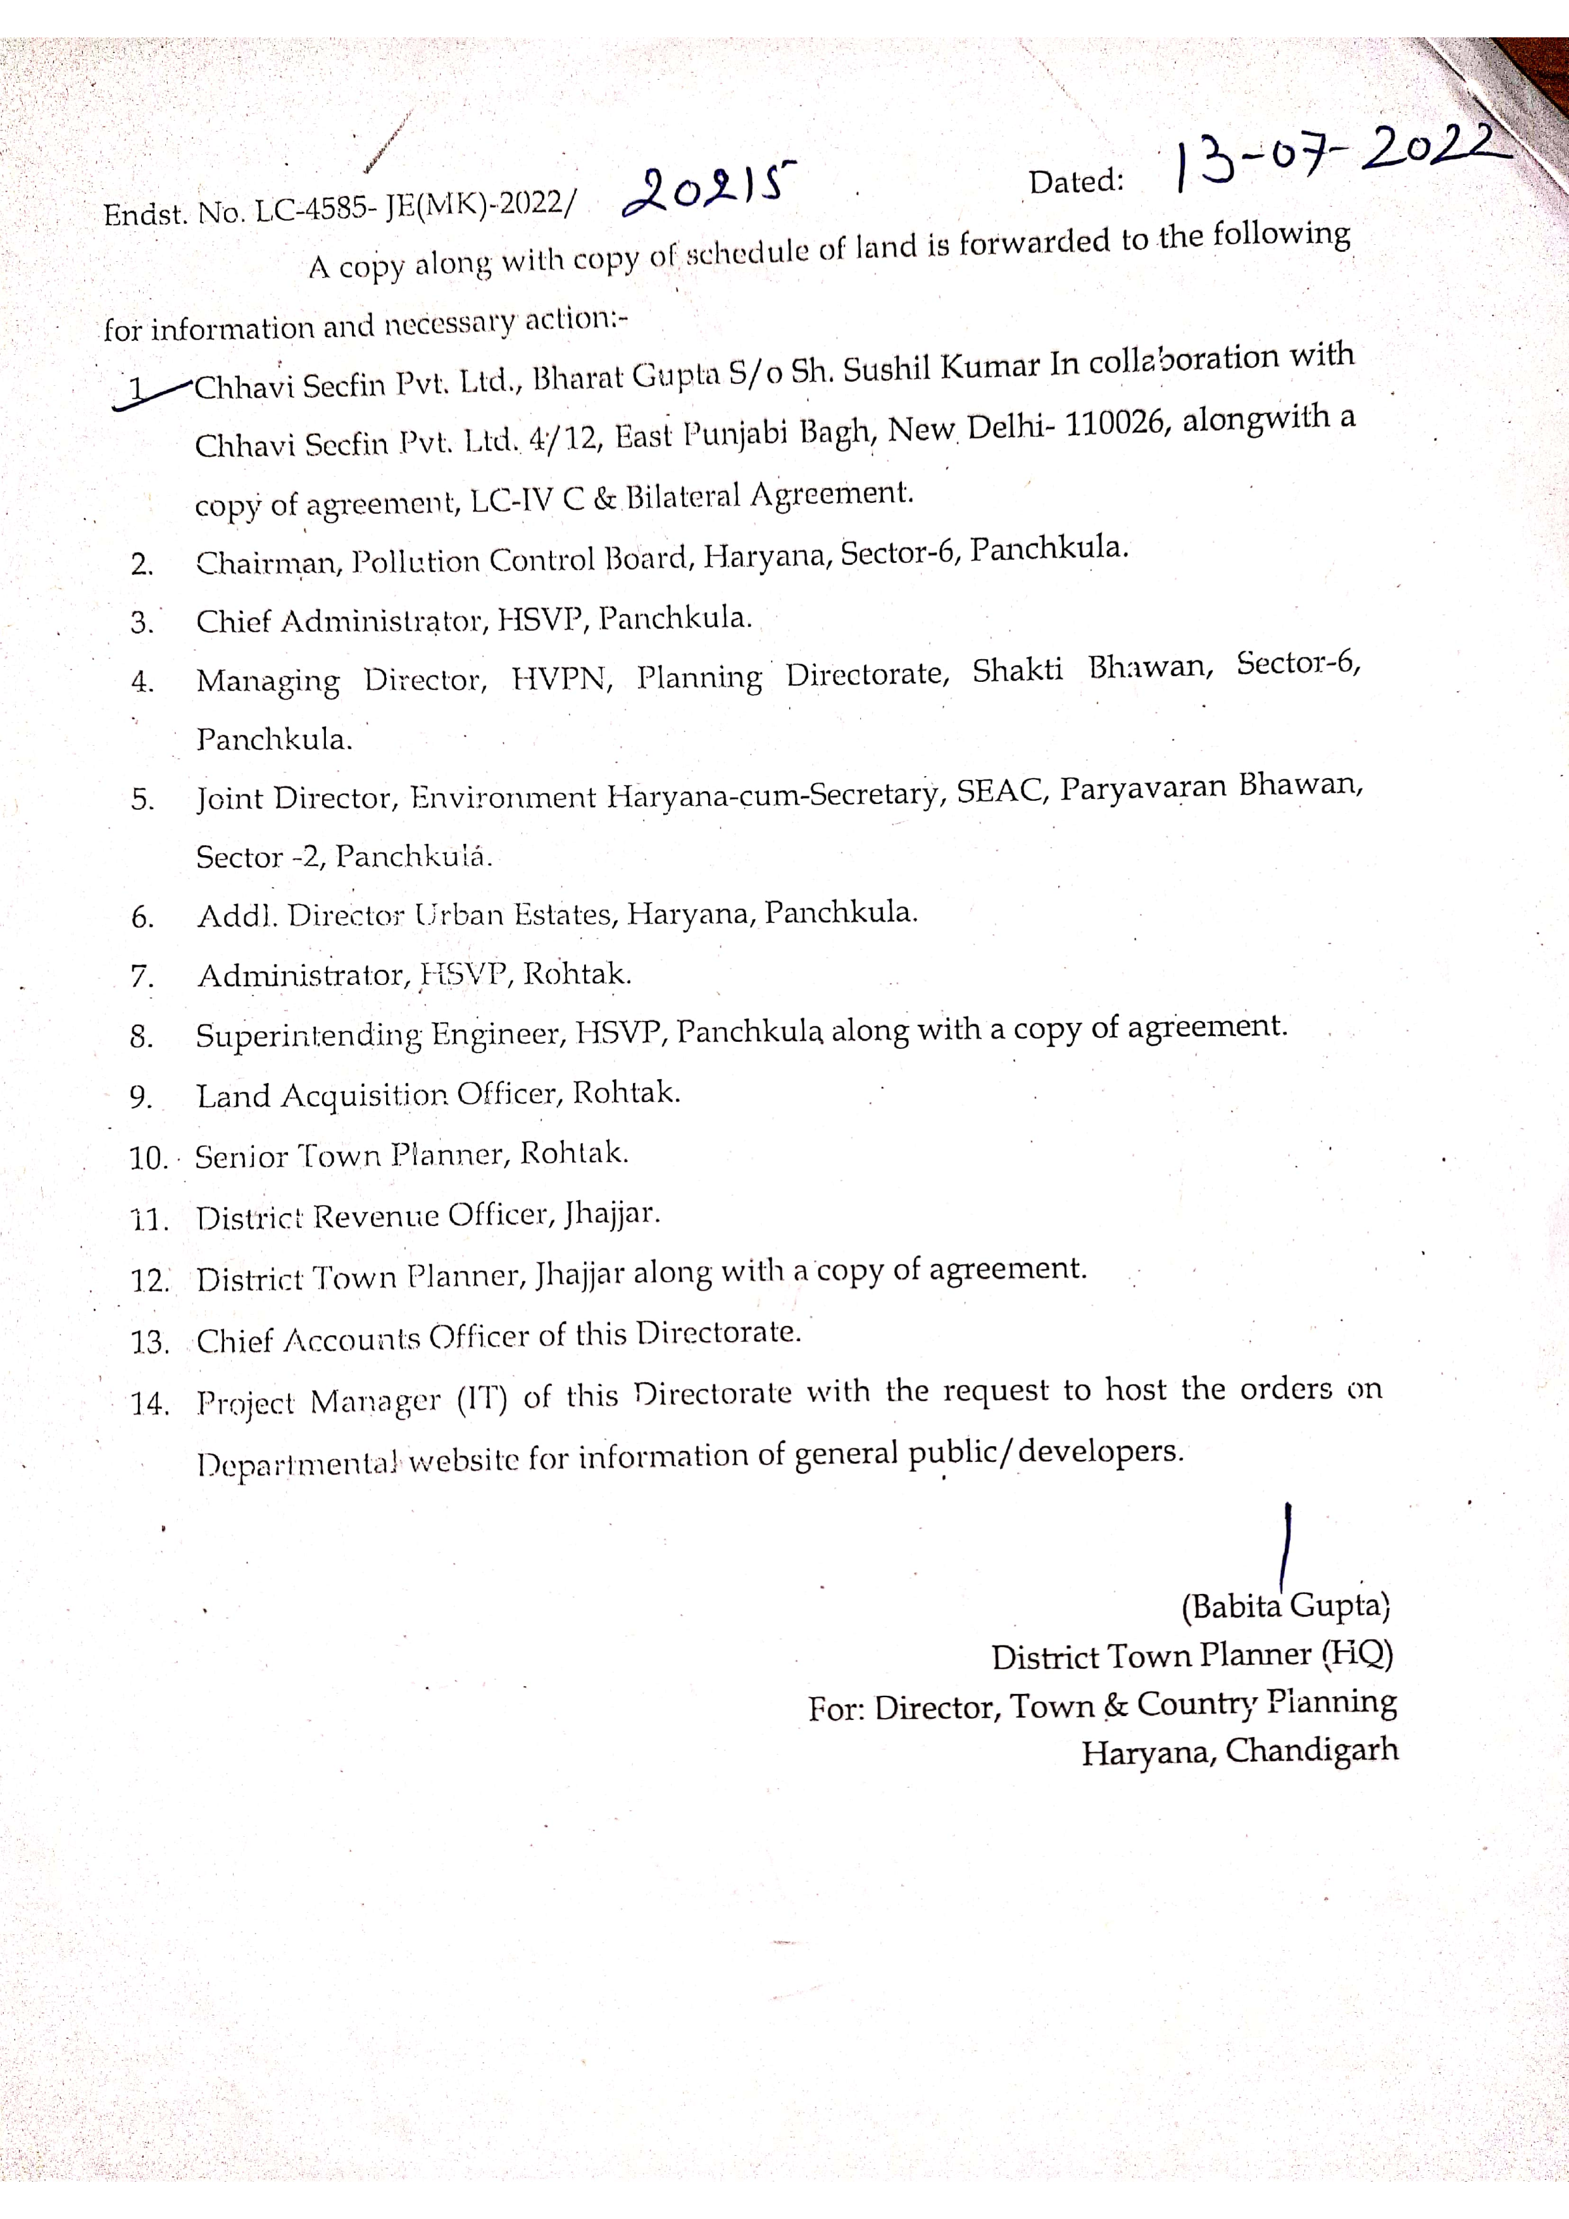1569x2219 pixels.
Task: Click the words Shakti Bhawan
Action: click(x=1091, y=669)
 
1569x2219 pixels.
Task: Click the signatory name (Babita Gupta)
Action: click(x=1285, y=1605)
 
